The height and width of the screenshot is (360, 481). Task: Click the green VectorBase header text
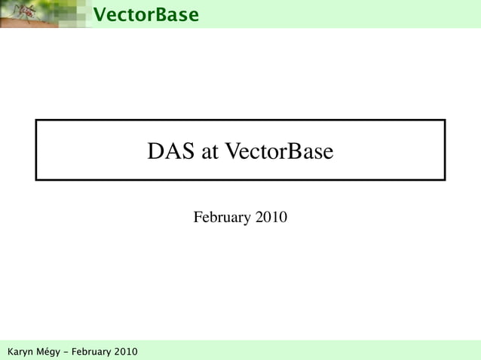[146, 14]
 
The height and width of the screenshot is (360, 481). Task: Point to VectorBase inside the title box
[280, 152]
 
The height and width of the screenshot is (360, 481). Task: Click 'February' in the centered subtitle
[222, 218]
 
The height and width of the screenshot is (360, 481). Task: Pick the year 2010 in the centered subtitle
[271, 218]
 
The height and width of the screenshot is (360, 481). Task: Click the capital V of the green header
[99, 14]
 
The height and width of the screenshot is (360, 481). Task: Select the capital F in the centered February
[198, 218]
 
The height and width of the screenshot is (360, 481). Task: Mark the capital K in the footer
[10, 352]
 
